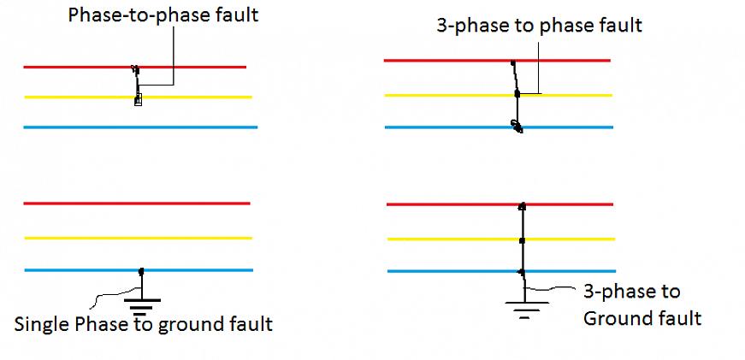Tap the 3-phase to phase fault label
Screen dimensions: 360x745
[539, 25]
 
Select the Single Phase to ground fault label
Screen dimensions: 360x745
[144, 324]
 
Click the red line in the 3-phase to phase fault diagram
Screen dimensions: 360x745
[445, 61]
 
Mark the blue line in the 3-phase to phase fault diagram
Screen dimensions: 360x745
[445, 127]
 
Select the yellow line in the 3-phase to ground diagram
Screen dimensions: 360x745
[445, 239]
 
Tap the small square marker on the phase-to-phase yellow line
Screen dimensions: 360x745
[138, 101]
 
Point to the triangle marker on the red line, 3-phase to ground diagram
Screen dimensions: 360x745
[522, 205]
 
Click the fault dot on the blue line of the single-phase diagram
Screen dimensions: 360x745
[141, 271]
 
